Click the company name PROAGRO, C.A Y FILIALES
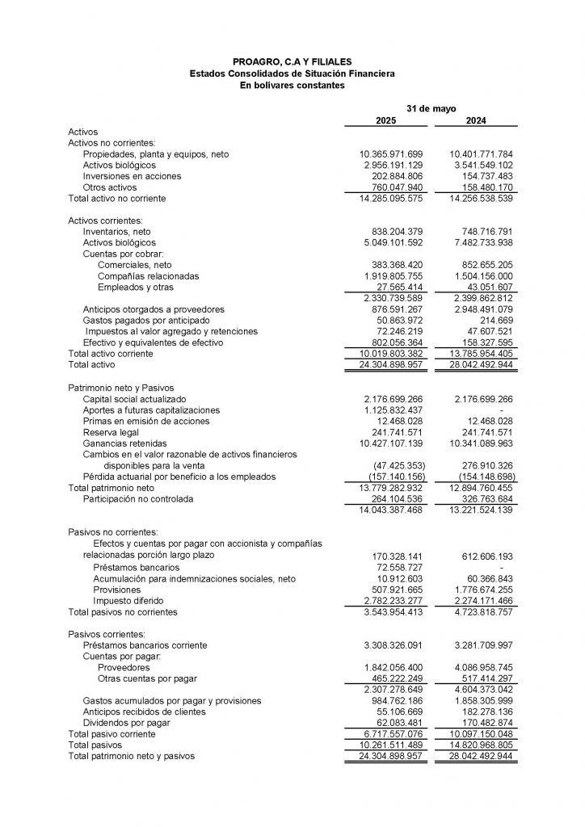[292, 61]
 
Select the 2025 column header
[386, 120]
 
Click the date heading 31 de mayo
[431, 107]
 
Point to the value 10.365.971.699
[391, 153]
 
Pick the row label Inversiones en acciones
[132, 176]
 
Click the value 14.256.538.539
[482, 198]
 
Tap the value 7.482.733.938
[482, 242]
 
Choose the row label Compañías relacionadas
[148, 275]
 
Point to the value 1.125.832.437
[391, 410]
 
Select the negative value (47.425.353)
[395, 466]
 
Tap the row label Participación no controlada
[137, 499]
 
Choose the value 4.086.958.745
[482, 668]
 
